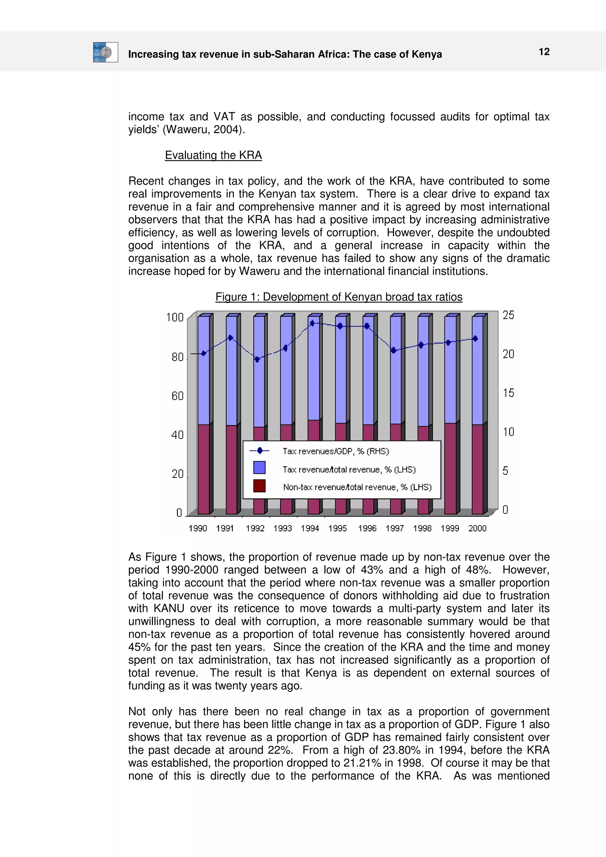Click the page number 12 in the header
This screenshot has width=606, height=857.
click(x=544, y=51)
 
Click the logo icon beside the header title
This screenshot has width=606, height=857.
click(x=106, y=52)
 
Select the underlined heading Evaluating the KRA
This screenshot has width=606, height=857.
click(x=213, y=155)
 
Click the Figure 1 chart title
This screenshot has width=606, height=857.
click(x=339, y=297)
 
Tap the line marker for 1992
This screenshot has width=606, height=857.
click(x=257, y=359)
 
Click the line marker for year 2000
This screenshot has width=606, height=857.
click(x=475, y=338)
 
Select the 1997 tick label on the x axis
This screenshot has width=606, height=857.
click(x=394, y=528)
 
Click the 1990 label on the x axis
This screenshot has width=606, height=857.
click(x=198, y=528)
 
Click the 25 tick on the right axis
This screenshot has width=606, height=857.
click(x=508, y=315)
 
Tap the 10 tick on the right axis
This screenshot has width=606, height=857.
click(x=508, y=432)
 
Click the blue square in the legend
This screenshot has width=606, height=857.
click(x=259, y=467)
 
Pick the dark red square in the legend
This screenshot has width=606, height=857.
click(x=259, y=486)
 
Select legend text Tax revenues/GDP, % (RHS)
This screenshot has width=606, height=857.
click(x=335, y=451)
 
